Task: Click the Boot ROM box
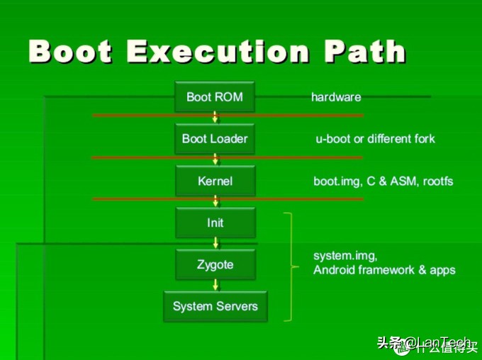(x=215, y=96)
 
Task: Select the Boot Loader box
(x=215, y=138)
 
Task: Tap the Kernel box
(x=215, y=181)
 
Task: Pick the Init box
(x=215, y=223)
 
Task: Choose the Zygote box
(x=215, y=265)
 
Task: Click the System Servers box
(x=215, y=307)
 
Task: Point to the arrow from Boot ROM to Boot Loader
(x=215, y=118)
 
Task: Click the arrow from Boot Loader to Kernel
(x=215, y=159)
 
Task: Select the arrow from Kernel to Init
(x=215, y=202)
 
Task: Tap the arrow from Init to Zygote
(x=215, y=244)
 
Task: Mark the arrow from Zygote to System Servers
(x=215, y=285)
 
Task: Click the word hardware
(x=336, y=97)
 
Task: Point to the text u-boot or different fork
(x=375, y=139)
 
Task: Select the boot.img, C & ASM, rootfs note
(x=383, y=181)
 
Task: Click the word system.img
(x=345, y=255)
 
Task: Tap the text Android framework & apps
(x=384, y=270)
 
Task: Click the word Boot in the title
(x=71, y=52)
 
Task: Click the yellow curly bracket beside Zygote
(x=291, y=266)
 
